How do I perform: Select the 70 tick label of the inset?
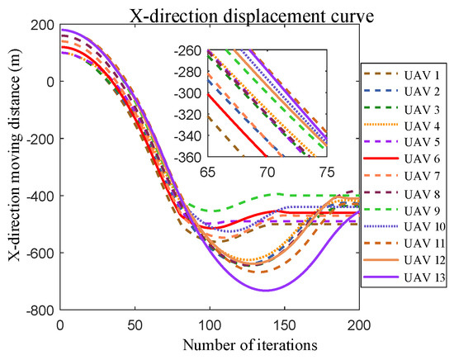[267, 170]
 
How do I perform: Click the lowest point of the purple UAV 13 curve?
[267, 290]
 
